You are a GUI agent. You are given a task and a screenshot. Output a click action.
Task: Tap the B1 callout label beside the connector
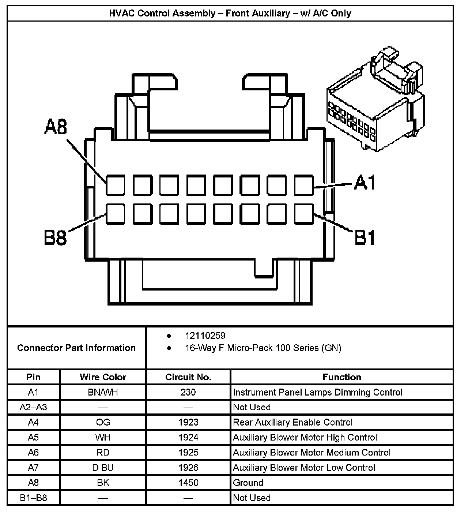365,238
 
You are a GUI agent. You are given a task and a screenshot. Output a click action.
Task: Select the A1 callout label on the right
365,183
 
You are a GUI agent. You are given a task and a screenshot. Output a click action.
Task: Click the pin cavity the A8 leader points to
116,185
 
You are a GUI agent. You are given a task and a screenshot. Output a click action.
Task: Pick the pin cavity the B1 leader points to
304,214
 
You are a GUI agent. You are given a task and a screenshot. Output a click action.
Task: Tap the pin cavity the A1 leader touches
304,185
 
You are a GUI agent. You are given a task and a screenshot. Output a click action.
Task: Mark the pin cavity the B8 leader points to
116,214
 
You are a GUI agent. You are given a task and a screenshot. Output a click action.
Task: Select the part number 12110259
205,336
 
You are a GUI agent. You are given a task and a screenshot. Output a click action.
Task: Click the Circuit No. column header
188,377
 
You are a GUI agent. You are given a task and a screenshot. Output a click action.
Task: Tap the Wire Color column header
103,377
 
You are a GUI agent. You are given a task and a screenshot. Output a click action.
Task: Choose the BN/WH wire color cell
103,393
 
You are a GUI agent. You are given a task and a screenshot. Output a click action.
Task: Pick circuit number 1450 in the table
188,483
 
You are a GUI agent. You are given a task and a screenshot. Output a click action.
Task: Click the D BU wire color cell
103,468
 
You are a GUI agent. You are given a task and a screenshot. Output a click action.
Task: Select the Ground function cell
248,483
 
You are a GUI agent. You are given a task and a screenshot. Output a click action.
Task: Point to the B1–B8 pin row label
33,498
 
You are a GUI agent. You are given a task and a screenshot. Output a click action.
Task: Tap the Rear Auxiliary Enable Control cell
292,423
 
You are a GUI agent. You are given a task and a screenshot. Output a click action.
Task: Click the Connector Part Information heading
76,348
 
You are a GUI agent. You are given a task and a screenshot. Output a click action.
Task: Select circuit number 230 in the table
188,393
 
